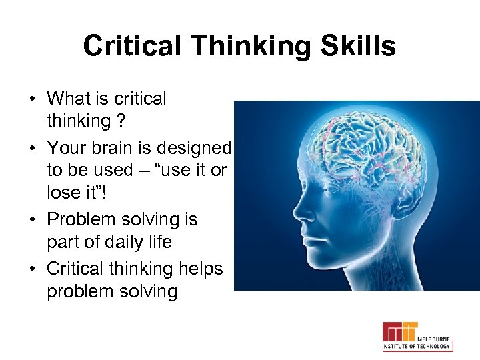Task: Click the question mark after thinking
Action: tap(121, 121)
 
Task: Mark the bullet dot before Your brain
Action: tap(32, 147)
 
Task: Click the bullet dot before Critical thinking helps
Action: tap(32, 269)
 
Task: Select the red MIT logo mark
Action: tap(399, 331)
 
